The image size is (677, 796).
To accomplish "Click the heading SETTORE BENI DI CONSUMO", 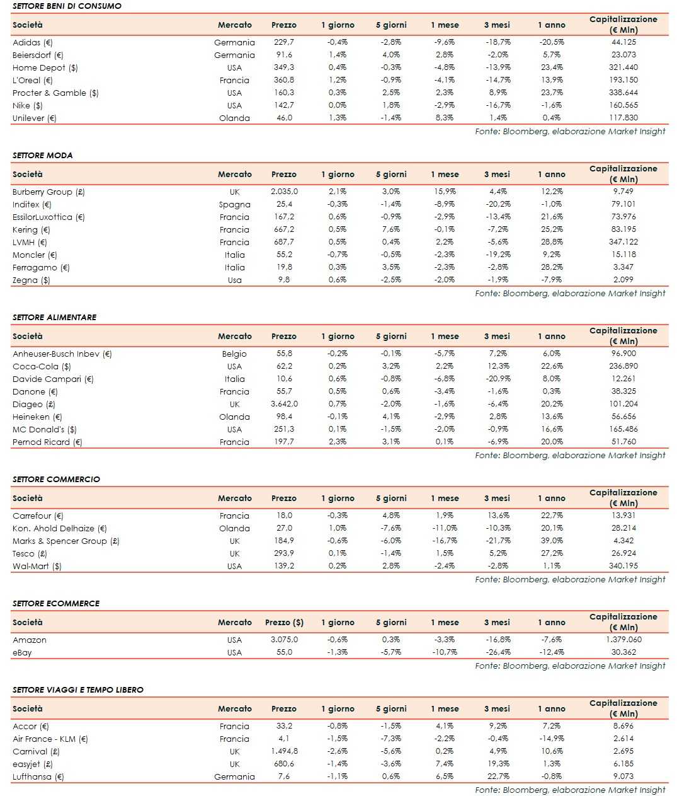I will [x=67, y=6].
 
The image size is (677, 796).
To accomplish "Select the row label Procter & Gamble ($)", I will [x=55, y=93].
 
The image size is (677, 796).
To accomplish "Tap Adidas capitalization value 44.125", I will [x=623, y=42].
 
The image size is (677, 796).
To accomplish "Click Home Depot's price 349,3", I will [x=283, y=67].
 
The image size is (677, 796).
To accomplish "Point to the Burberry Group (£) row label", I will [x=48, y=192].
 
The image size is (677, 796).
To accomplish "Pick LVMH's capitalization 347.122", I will [x=623, y=242].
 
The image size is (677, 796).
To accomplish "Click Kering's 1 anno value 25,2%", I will [x=551, y=229].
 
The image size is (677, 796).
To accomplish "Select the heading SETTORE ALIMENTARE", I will [x=55, y=317].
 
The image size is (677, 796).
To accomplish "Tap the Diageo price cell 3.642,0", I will [x=284, y=404].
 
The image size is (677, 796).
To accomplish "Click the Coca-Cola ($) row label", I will [x=42, y=366].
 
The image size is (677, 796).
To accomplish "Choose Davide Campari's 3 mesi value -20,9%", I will [x=498, y=379].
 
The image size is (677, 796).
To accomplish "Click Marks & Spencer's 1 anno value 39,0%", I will [x=551, y=541].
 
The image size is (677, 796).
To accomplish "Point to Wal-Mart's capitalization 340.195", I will [x=623, y=566].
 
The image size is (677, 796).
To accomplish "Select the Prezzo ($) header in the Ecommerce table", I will [x=284, y=622].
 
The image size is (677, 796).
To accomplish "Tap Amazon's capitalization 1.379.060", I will [x=623, y=640].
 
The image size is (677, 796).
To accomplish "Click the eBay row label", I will [x=22, y=652].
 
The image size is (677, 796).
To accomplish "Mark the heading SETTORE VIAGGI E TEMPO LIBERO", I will [x=78, y=689].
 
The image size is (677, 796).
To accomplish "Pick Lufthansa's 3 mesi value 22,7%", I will [x=498, y=776].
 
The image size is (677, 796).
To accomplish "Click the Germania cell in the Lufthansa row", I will [x=234, y=776].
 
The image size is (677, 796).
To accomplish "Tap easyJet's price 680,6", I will [x=283, y=764].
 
